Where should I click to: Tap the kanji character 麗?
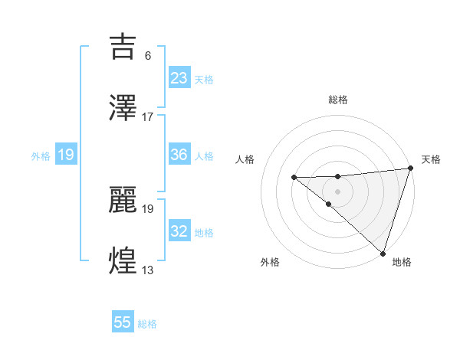(x=124, y=198)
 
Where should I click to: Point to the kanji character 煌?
(x=124, y=260)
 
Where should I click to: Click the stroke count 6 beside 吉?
(x=147, y=55)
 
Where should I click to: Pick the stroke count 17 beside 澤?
(x=148, y=117)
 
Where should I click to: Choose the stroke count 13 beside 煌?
(x=148, y=270)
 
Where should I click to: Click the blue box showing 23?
(x=179, y=77)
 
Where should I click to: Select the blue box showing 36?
(x=179, y=155)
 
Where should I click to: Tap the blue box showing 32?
(x=179, y=231)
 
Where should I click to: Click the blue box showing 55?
(x=123, y=322)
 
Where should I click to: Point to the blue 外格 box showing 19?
(x=65, y=155)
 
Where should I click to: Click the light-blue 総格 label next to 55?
(x=147, y=324)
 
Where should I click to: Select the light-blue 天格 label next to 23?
(x=204, y=80)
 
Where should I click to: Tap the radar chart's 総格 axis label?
(x=338, y=100)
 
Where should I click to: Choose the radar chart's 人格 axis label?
(x=245, y=159)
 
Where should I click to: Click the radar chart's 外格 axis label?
(x=270, y=262)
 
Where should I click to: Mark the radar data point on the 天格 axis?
(x=410, y=169)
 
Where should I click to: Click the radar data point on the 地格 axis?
(x=383, y=253)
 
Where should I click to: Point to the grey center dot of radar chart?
(x=337, y=191)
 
